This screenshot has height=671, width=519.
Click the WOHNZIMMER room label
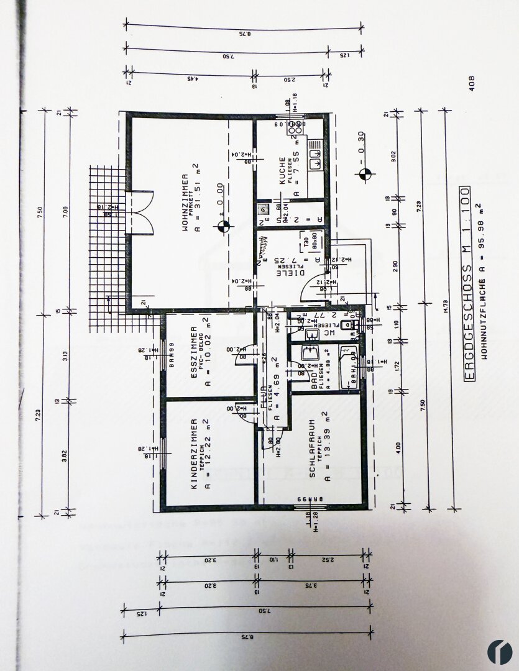pyautogui.click(x=185, y=202)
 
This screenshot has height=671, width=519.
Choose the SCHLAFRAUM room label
pyautogui.click(x=311, y=448)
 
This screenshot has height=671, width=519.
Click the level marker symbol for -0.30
pyautogui.click(x=364, y=175)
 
